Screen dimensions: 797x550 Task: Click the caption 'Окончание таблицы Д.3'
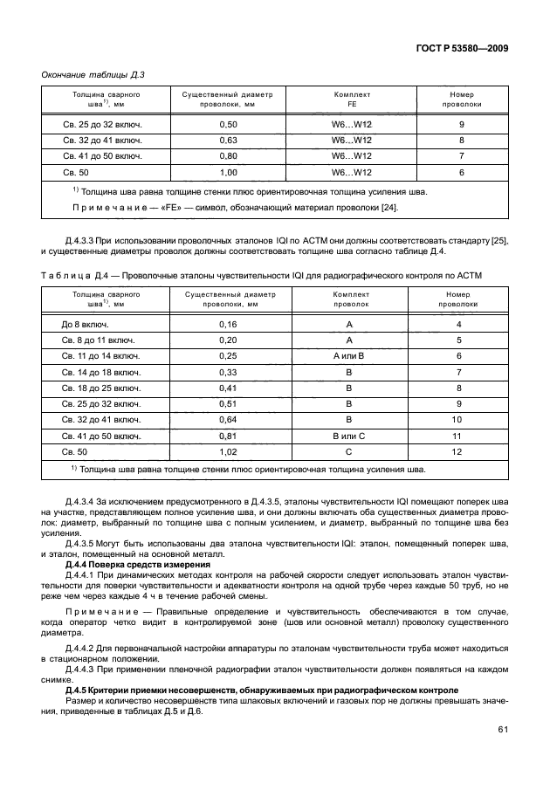[x=93, y=74]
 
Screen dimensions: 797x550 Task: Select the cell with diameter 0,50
[x=228, y=125]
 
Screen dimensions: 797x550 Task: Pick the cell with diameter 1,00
[x=228, y=172]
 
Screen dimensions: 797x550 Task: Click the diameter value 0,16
[x=228, y=325]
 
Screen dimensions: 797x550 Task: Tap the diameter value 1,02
[x=228, y=450]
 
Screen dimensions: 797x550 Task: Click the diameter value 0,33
[x=228, y=372]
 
